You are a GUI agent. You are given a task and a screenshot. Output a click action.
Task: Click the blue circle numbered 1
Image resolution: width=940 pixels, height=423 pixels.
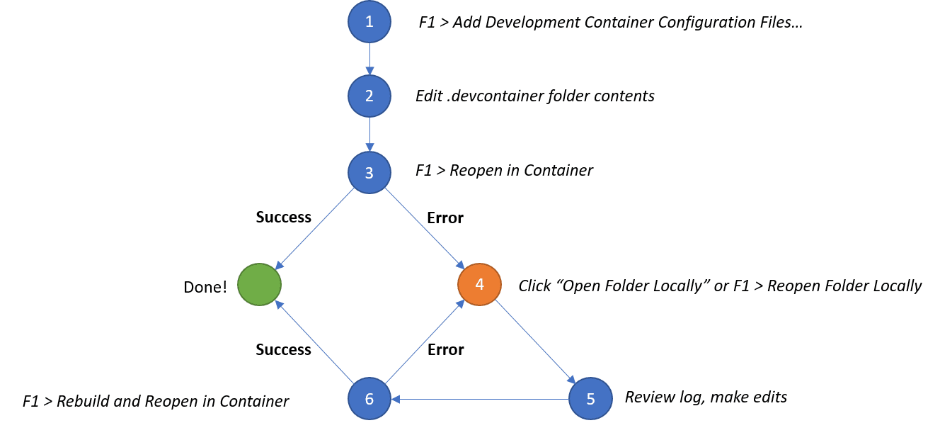(369, 21)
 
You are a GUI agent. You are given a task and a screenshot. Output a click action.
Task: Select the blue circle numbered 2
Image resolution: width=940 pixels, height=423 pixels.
(369, 96)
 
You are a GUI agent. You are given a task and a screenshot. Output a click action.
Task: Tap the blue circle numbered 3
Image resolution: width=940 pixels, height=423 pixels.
(369, 172)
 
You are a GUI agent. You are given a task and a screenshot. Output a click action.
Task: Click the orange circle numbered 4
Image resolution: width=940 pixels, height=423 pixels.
(479, 284)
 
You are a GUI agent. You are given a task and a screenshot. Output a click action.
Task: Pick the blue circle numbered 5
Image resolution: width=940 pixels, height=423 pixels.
(590, 398)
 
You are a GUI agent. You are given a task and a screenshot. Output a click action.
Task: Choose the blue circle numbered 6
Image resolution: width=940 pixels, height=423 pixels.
(369, 398)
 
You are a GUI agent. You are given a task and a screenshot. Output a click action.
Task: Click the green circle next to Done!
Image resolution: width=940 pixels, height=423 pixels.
(259, 284)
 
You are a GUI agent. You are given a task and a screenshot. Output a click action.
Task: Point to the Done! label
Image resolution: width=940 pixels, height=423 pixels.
(205, 287)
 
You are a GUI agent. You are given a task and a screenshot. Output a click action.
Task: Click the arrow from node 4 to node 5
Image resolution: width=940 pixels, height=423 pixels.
(534, 341)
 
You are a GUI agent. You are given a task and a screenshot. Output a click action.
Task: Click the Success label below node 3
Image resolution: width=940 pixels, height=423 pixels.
(283, 218)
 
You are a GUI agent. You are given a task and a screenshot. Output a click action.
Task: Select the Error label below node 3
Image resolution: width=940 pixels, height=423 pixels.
(445, 218)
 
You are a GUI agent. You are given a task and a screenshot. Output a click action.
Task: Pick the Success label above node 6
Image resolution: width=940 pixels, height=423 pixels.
(283, 349)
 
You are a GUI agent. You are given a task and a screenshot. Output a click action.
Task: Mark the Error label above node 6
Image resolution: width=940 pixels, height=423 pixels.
(445, 349)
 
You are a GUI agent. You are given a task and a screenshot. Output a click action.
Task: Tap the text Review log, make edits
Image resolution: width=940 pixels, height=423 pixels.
(706, 397)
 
